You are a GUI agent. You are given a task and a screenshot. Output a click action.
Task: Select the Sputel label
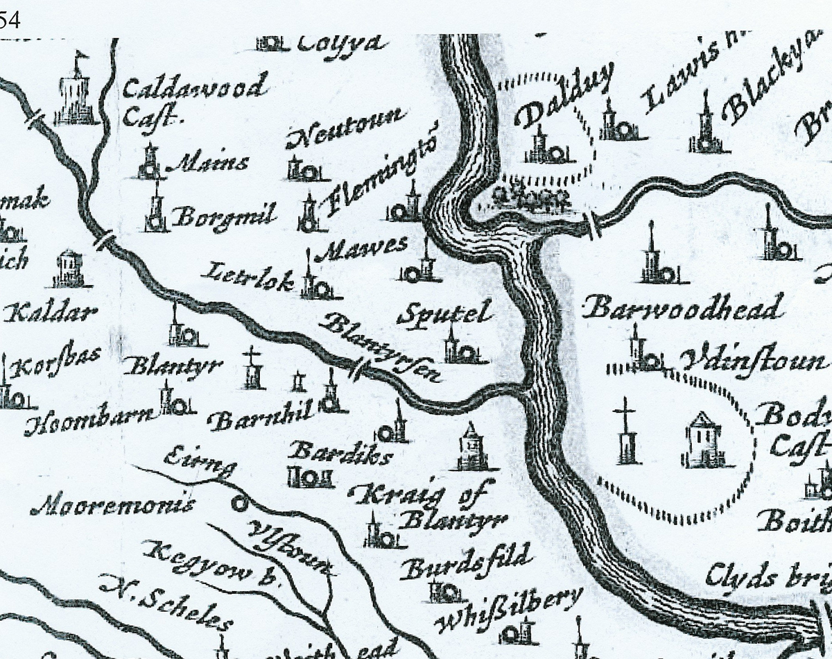tap(444, 314)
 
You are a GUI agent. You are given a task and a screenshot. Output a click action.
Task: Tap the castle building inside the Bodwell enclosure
tap(702, 440)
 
